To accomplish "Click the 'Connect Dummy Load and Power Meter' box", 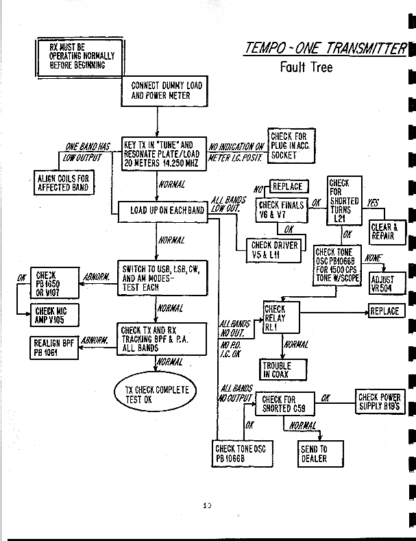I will coord(167,91).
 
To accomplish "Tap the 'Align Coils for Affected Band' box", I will coord(63,183).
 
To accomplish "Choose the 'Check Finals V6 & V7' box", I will coord(281,208).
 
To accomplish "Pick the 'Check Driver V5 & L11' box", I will coord(274,250).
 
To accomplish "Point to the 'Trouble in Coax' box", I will coord(277,370).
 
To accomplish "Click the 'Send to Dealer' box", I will coord(313,454).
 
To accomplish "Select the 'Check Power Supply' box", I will coord(379,402).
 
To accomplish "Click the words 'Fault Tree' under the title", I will coord(306,67).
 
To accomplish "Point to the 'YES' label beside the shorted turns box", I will coord(373,204).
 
